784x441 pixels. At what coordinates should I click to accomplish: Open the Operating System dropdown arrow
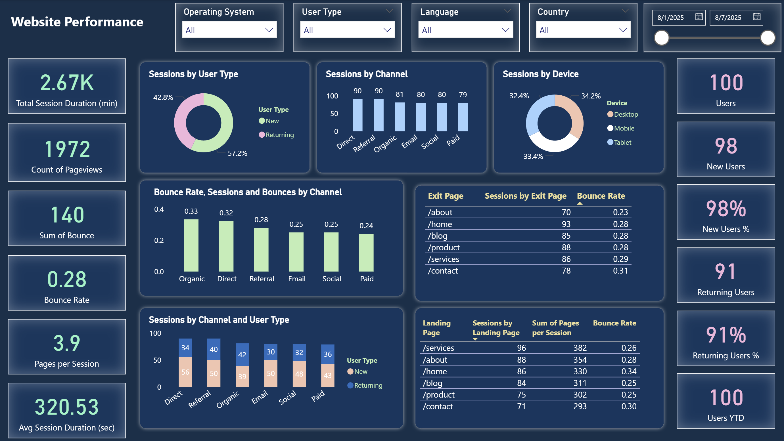tap(269, 30)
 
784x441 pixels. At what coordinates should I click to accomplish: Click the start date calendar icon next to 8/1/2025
tap(699, 17)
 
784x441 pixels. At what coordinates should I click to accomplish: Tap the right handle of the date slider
tap(767, 38)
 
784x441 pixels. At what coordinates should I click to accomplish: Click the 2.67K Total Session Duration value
tap(67, 83)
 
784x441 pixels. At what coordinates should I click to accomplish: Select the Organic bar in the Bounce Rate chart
tap(191, 245)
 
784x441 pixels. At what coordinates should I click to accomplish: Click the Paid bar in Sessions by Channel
tap(463, 117)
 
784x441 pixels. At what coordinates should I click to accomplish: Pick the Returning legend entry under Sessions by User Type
tap(276, 135)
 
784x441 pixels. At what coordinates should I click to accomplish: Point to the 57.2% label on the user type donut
tap(237, 153)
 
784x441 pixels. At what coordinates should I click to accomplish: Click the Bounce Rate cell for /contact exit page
tap(620, 271)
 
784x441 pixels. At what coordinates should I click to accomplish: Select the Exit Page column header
tap(446, 196)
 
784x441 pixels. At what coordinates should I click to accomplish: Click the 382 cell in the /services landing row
tap(580, 348)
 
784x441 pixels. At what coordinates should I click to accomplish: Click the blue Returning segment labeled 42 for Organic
tap(242, 355)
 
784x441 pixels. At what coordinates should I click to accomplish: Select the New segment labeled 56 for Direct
tap(185, 372)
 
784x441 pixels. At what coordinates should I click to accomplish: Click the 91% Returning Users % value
tap(726, 335)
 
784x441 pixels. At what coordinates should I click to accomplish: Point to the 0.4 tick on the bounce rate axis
tap(158, 209)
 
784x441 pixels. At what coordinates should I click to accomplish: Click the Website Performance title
tap(77, 22)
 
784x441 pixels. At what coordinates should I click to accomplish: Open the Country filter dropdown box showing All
tap(583, 30)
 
